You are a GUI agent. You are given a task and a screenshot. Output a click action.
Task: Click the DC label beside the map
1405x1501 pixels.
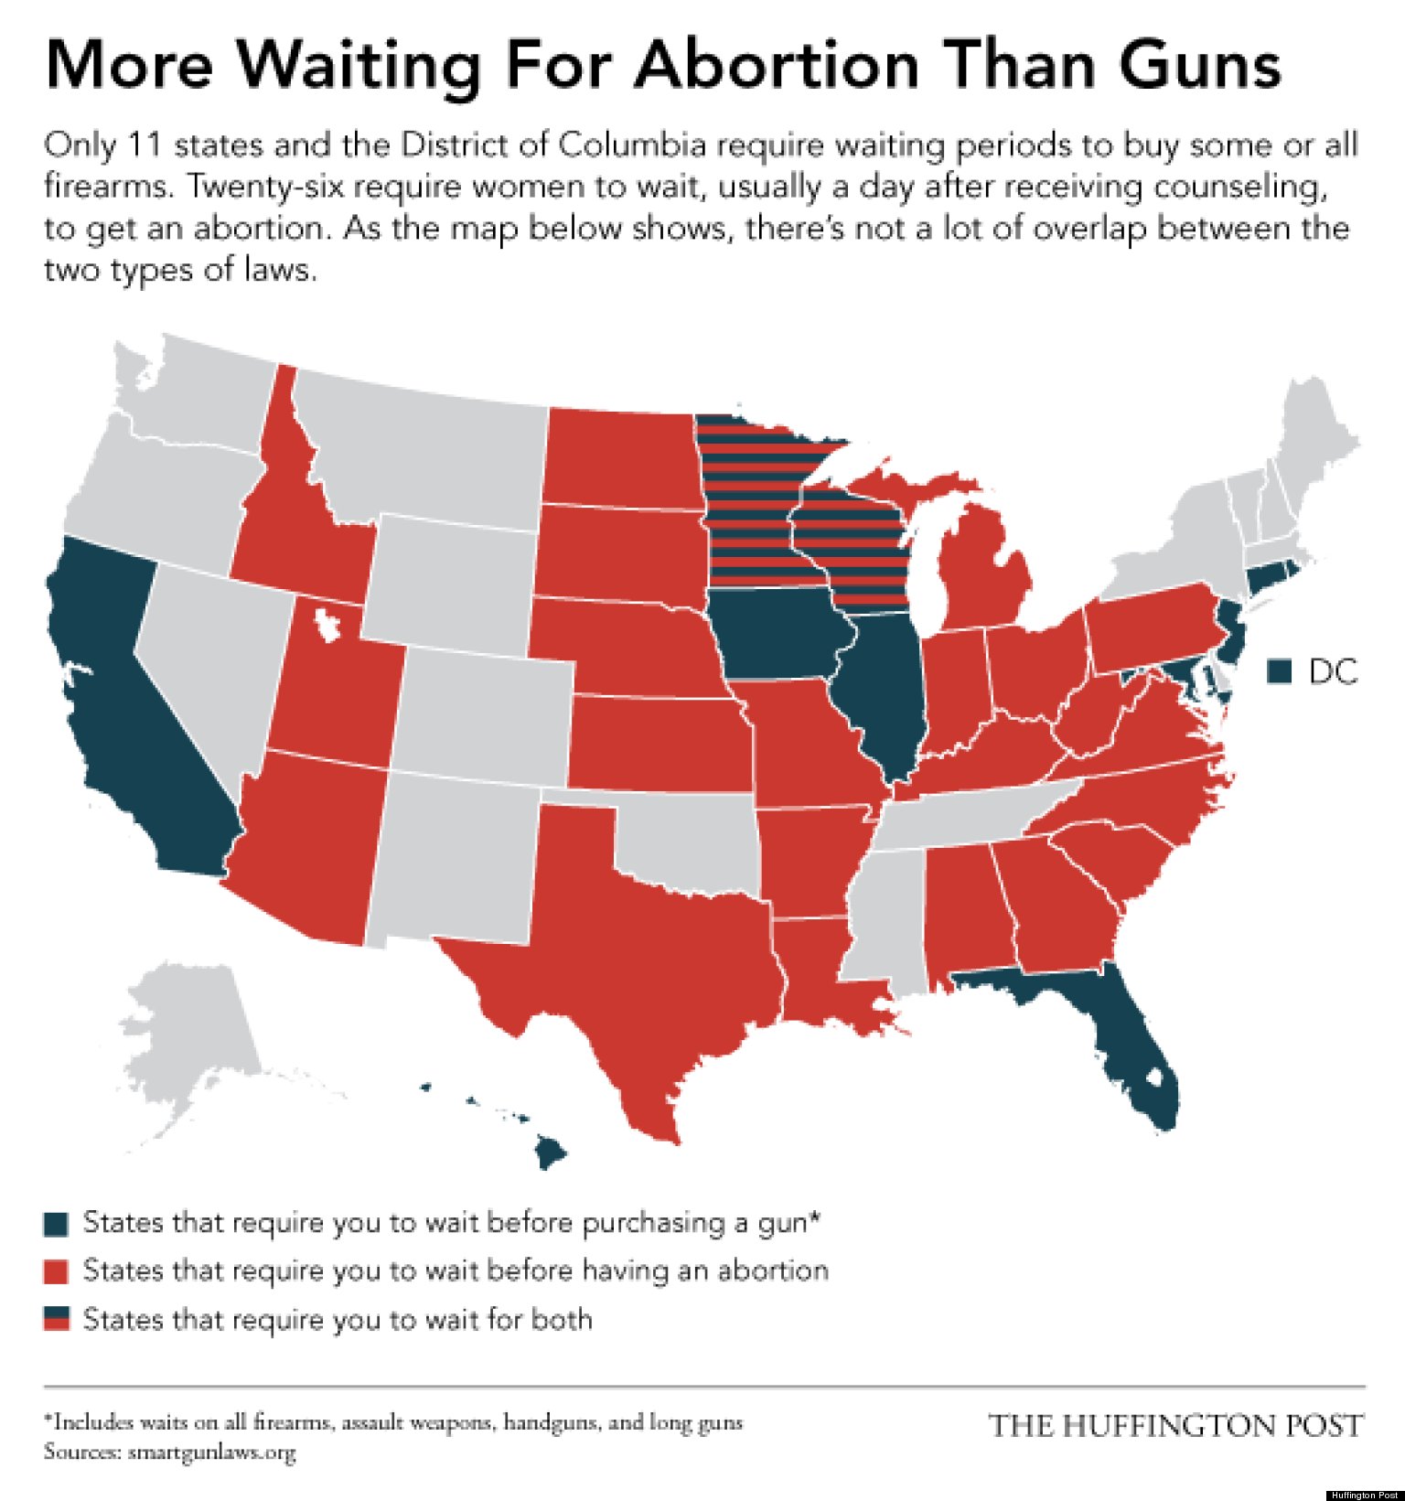1333,672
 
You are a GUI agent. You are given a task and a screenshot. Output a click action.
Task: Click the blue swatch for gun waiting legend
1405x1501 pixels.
57,1224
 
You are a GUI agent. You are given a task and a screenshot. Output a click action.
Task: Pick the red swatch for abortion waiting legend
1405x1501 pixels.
57,1272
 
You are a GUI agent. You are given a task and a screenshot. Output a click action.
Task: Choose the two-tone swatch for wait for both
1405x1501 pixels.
57,1320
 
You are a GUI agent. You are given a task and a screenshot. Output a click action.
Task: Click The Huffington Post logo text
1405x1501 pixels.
1175,1425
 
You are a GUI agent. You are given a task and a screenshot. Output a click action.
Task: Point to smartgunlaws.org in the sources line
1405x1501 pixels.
211,1452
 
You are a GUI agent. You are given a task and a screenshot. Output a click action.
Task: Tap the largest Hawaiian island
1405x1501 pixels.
550,1152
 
